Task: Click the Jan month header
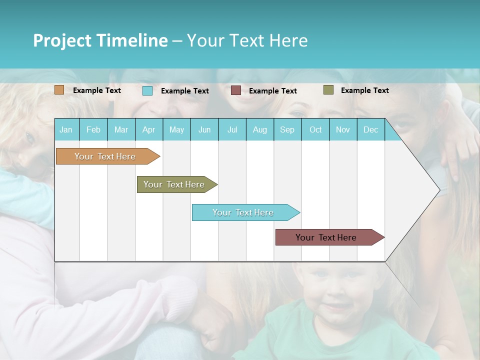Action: coord(66,129)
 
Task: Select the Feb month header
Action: coord(93,129)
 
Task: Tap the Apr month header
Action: coord(148,129)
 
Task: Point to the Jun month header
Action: coord(204,129)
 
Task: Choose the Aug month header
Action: coord(259,129)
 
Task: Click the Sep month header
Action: coord(287,129)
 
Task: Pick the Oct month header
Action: coord(315,129)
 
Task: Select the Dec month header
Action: coord(370,129)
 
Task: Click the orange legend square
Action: coord(59,90)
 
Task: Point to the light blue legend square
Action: coord(147,90)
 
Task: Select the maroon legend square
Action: coord(236,90)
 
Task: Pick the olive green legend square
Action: coord(328,90)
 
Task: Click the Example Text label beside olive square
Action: coord(364,90)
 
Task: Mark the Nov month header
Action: coord(343,129)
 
